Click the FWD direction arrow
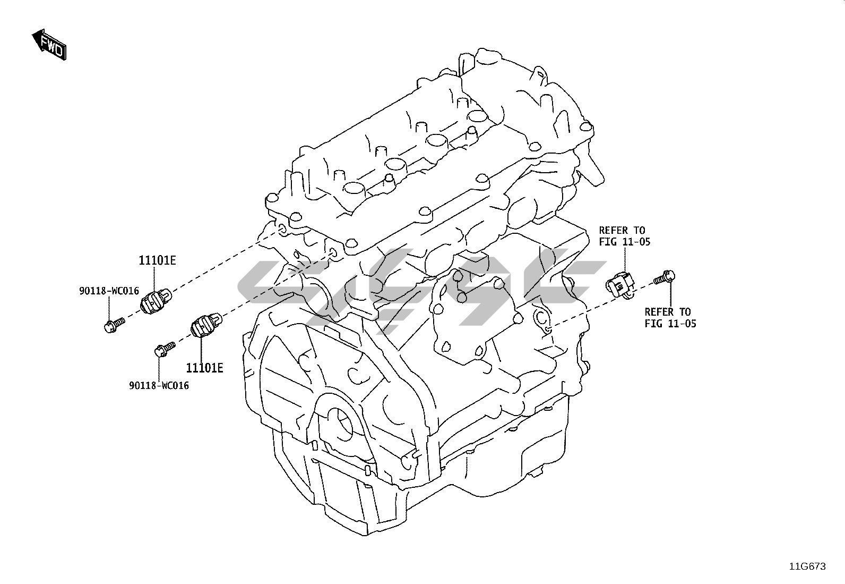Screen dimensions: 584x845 pos(49,44)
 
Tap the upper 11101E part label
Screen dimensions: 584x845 pos(157,260)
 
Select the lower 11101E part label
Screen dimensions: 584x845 pos(204,367)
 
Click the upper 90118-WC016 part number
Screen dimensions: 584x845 pos(109,291)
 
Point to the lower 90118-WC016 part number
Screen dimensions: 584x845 pos(159,385)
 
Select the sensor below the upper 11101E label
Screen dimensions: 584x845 pos(154,301)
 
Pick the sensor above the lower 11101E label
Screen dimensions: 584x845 pos(205,325)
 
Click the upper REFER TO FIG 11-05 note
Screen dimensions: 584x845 pos(624,236)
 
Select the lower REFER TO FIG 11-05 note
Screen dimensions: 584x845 pos(670,317)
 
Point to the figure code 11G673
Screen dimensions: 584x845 pos(807,566)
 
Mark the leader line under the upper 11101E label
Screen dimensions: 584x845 pos(154,279)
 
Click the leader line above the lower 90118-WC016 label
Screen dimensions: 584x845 pos(160,367)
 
